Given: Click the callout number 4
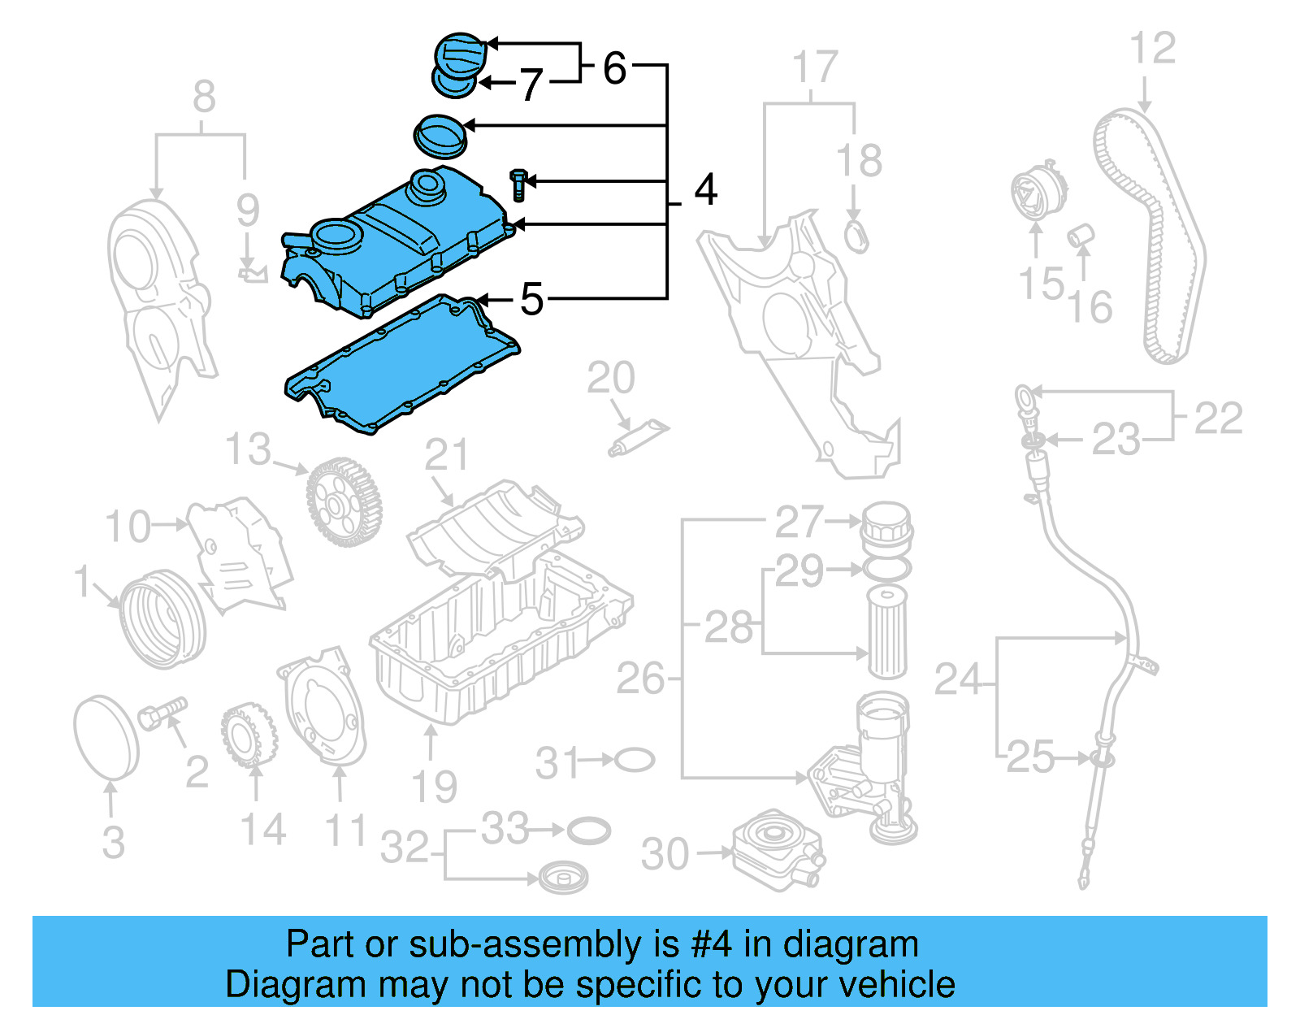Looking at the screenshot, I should (705, 190).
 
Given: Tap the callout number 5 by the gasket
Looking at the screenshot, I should (531, 299).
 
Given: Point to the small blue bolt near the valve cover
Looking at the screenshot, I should (518, 185).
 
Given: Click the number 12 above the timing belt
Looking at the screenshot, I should (1152, 49).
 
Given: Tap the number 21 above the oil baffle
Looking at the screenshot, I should (447, 455).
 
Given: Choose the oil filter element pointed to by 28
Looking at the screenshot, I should (886, 632).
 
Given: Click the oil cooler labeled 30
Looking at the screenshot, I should (775, 849).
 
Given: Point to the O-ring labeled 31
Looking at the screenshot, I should (635, 761).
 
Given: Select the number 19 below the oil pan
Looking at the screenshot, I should (434, 787).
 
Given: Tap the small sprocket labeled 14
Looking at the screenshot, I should (248, 736).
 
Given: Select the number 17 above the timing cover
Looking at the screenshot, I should (814, 67).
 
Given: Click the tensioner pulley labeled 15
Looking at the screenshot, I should (1033, 193).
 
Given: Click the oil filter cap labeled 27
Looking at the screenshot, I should (886, 527).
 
